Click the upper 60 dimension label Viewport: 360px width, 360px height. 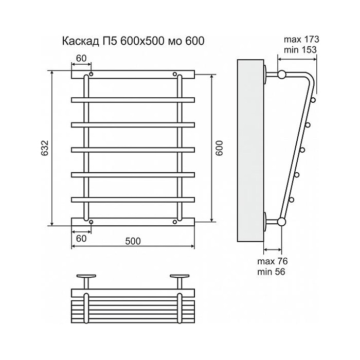[x=81, y=58]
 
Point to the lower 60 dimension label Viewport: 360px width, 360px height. [x=81, y=238]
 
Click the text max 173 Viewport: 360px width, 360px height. [x=301, y=40]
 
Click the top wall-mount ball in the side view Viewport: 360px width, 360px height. [x=281, y=75]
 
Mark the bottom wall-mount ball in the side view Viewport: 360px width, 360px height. [x=281, y=222]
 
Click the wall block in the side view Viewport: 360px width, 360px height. [x=249, y=150]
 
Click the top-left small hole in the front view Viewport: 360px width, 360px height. [x=91, y=75]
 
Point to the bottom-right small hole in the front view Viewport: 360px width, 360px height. [x=175, y=222]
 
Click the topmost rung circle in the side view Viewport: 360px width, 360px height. [x=313, y=100]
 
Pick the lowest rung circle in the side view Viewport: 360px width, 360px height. [x=292, y=200]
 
